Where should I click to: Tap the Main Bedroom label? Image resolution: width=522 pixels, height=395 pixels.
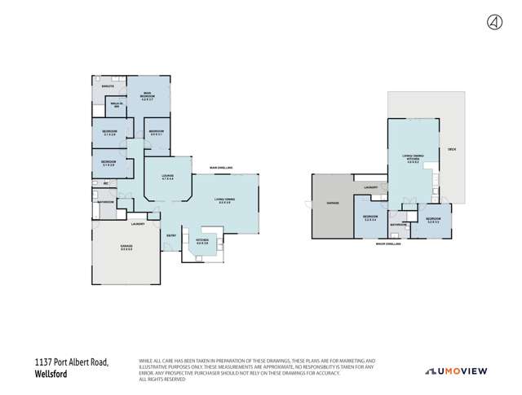148,95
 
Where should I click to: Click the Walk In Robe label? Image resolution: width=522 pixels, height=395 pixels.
117,105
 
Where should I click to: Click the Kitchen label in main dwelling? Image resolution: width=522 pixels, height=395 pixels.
202,242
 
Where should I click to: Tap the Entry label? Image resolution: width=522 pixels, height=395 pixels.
170,236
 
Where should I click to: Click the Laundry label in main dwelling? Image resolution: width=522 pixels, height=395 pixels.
138,223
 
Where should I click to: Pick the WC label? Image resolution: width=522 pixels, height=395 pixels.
106,183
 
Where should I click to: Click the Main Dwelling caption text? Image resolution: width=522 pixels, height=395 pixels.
223,167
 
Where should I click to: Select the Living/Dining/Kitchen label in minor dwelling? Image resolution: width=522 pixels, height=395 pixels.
413,159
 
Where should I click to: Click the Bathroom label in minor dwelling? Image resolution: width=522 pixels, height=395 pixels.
397,224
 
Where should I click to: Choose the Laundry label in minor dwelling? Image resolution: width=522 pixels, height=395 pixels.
371,188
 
